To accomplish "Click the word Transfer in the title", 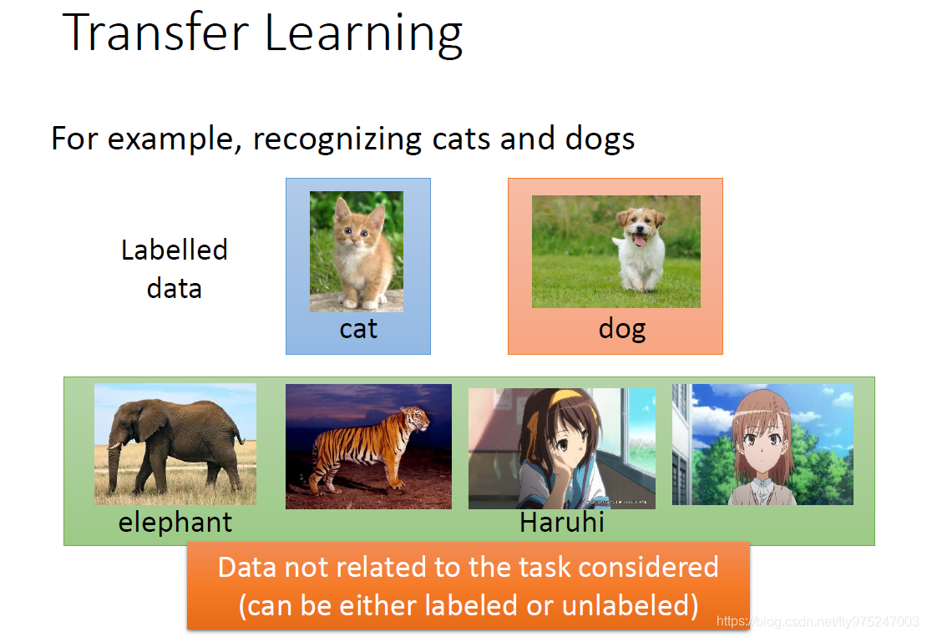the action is (x=155, y=33).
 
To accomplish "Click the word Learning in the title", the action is (x=363, y=35).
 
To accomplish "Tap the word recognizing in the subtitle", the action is (x=337, y=139).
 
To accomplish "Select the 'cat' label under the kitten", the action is (x=358, y=329).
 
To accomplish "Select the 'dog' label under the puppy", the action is (x=622, y=329).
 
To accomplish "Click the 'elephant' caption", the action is (x=175, y=523).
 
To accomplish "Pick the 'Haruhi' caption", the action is (x=562, y=523).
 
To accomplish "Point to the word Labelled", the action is (x=175, y=250).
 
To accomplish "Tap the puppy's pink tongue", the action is (x=639, y=240).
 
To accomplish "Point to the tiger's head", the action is (x=417, y=417).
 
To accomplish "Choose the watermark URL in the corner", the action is (x=818, y=622).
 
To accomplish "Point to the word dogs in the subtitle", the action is (x=600, y=139).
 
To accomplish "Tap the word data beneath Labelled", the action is (x=175, y=289).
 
